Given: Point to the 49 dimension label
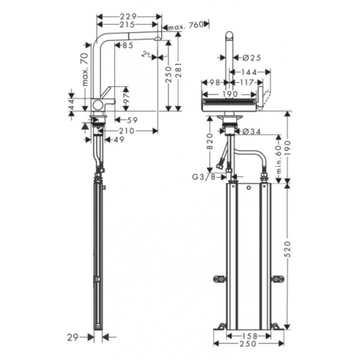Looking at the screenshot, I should [118, 140].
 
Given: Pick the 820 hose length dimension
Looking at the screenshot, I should [209, 142].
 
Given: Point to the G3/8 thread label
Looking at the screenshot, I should [203, 177].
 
